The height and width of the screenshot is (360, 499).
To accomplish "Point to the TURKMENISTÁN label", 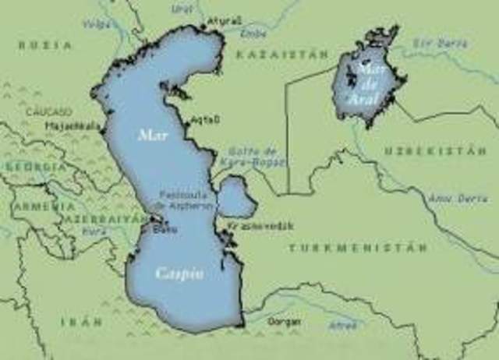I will point(358,247).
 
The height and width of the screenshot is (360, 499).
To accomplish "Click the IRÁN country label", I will point(81,321).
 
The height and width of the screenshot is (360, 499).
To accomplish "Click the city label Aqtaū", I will point(206,119).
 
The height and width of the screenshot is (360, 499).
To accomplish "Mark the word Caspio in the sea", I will point(179,274).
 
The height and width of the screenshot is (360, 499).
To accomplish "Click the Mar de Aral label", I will point(367,81).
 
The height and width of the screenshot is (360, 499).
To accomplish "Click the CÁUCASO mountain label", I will point(48,112).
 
